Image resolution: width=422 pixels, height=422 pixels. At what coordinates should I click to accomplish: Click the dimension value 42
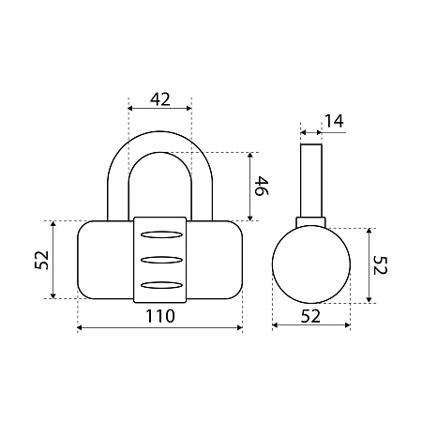pos(160,99)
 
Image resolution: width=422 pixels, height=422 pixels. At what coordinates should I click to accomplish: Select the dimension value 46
pos(262,186)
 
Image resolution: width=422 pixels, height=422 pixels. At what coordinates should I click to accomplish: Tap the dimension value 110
pos(160,316)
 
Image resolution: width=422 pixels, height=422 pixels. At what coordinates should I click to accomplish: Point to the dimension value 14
pos(334,121)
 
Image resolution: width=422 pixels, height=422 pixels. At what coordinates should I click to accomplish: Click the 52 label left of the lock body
pos(42,260)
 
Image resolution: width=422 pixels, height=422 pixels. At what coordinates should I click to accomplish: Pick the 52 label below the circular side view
pos(310,316)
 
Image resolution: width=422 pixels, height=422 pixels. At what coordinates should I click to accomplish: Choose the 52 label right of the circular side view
pos(380,265)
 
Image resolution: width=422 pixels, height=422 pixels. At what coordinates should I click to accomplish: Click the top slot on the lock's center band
pos(161,234)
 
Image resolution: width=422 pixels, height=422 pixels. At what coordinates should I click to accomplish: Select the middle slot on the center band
pos(161,260)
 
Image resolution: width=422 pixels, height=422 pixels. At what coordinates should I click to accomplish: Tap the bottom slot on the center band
pos(161,285)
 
